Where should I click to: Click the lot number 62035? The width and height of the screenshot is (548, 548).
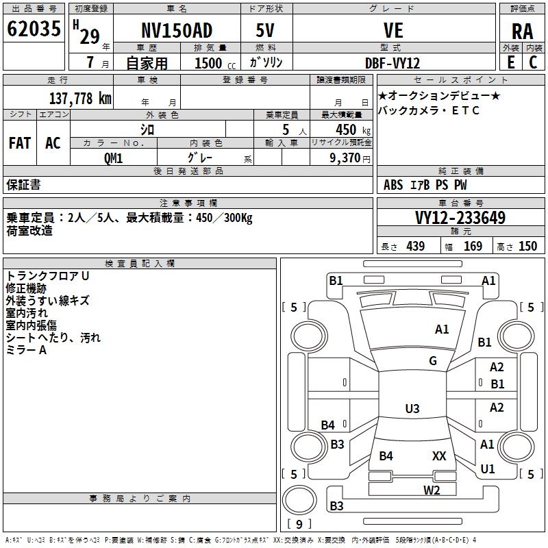click(34, 29)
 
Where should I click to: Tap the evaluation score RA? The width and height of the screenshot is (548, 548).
click(522, 31)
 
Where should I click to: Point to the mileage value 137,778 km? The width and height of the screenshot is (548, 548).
click(80, 98)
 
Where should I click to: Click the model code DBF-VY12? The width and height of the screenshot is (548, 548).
click(394, 62)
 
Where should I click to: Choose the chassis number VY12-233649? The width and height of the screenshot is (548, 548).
click(460, 218)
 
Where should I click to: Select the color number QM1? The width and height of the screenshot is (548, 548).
click(113, 158)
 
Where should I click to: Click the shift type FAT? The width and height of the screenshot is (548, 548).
click(20, 143)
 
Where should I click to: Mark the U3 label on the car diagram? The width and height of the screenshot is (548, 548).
click(412, 409)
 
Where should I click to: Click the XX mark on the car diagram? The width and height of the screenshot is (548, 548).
click(439, 456)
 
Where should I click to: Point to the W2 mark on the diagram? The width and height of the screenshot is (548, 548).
click(432, 489)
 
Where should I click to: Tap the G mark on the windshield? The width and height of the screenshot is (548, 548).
click(433, 361)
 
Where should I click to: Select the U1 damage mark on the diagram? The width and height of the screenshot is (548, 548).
click(488, 469)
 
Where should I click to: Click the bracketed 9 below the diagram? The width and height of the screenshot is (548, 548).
click(299, 524)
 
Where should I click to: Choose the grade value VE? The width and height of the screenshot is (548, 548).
click(394, 31)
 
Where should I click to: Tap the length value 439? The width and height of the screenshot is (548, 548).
click(415, 247)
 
